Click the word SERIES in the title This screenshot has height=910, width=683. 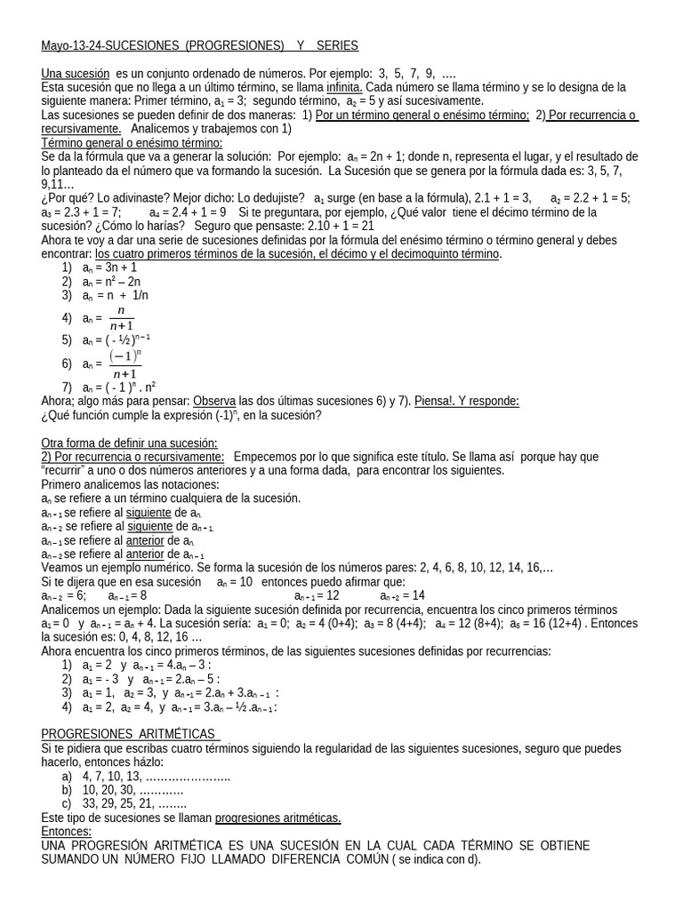pos(337,45)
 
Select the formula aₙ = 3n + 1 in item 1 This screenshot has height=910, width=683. pos(109,267)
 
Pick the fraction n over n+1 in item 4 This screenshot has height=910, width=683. pos(121,318)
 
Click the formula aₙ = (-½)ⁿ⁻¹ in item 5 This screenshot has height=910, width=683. pos(117,339)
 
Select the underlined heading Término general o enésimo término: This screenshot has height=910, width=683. pos(132,142)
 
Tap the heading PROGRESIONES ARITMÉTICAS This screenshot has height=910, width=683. pos(130,734)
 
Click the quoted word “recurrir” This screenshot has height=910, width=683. pos(68,470)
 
